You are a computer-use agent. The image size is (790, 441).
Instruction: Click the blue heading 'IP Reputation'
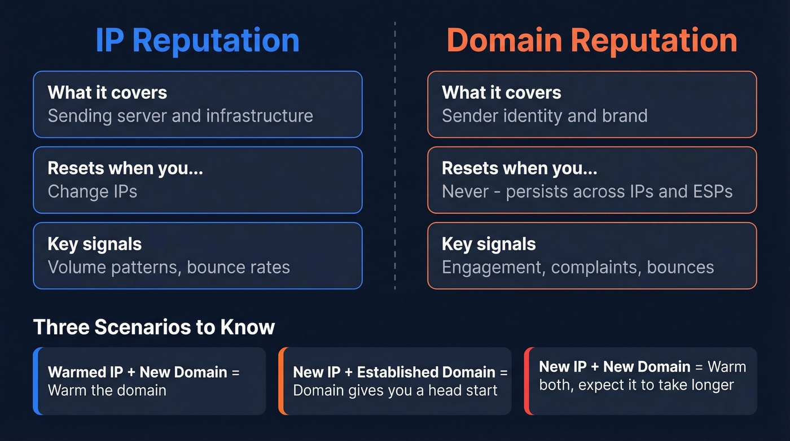click(197, 41)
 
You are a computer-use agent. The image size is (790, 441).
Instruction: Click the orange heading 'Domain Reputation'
click(592, 41)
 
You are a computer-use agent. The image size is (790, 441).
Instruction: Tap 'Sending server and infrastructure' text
click(180, 116)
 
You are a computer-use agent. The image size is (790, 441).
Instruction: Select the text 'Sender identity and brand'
click(545, 116)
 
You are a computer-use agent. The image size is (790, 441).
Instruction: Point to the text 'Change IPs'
click(93, 191)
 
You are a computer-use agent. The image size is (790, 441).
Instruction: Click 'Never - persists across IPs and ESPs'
click(587, 191)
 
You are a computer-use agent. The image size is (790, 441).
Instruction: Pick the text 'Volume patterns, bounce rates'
click(169, 267)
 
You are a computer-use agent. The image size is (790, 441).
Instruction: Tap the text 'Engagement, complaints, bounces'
click(578, 267)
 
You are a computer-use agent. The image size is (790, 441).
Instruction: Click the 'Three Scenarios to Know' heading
click(154, 327)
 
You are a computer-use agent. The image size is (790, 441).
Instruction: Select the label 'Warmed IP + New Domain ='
click(144, 372)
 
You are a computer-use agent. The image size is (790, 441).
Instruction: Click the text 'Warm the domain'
click(107, 390)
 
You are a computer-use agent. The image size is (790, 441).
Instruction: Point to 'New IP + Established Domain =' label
click(400, 372)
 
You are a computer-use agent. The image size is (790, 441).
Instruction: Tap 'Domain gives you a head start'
click(395, 390)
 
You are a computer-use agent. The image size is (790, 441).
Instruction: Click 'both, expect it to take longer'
click(637, 385)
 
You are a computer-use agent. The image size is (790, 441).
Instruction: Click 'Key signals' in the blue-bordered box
click(95, 244)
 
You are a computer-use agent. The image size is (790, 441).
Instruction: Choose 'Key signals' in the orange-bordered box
click(489, 244)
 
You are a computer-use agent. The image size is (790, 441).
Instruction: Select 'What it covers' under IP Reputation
click(107, 93)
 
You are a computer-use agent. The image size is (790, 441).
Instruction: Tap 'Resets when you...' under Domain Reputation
click(519, 168)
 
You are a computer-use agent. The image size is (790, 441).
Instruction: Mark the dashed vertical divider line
click(395, 169)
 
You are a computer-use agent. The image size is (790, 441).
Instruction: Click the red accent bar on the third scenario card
click(526, 381)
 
